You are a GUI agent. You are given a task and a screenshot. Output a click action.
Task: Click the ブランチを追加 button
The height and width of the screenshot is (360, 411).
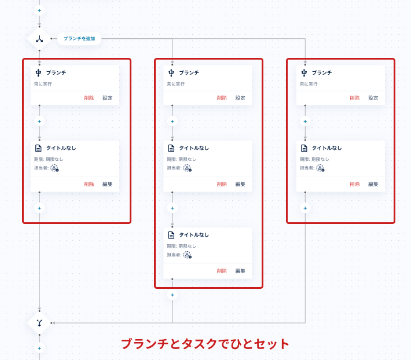point(79,39)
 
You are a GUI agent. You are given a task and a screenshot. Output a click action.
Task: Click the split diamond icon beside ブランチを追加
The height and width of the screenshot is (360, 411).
point(39,39)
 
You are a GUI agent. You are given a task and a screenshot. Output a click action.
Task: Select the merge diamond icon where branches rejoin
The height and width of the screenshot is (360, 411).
point(39,323)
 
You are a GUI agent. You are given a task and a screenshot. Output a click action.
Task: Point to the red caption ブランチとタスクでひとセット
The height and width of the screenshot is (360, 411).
point(205,344)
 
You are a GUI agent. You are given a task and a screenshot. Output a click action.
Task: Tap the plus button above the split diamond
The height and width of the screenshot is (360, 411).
point(39,11)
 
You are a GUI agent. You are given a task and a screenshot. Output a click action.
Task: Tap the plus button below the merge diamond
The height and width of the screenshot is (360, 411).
point(39,348)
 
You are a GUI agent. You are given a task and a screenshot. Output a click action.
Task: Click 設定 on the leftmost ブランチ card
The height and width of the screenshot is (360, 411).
point(108,98)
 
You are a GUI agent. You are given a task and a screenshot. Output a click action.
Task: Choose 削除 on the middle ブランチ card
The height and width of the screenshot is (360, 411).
point(222,98)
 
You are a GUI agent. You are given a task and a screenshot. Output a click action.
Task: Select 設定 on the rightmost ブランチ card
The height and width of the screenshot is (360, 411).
point(373,98)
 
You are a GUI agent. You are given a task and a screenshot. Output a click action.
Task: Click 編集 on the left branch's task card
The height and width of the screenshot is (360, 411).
point(108,184)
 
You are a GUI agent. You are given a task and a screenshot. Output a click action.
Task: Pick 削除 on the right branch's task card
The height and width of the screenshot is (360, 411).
point(355,184)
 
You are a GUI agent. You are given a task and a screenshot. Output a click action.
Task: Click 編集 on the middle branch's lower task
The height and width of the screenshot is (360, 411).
point(240,271)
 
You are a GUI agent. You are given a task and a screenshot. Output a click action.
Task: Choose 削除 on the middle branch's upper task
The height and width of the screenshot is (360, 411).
point(222,184)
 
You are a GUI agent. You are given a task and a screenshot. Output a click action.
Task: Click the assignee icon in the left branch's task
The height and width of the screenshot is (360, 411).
point(54,168)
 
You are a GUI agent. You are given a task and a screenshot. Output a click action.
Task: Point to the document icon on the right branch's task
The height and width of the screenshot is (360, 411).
point(304,148)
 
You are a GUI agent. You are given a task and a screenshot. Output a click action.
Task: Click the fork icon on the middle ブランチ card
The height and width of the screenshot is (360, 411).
point(171,73)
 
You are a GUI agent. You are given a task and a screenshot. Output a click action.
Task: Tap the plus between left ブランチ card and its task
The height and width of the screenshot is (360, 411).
point(39,122)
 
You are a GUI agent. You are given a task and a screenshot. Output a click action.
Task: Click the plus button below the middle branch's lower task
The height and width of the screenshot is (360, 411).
point(172,295)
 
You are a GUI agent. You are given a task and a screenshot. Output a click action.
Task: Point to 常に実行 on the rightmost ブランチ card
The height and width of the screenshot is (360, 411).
point(309,84)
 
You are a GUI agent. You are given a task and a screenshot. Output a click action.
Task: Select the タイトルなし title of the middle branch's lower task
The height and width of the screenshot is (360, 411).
point(194,235)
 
